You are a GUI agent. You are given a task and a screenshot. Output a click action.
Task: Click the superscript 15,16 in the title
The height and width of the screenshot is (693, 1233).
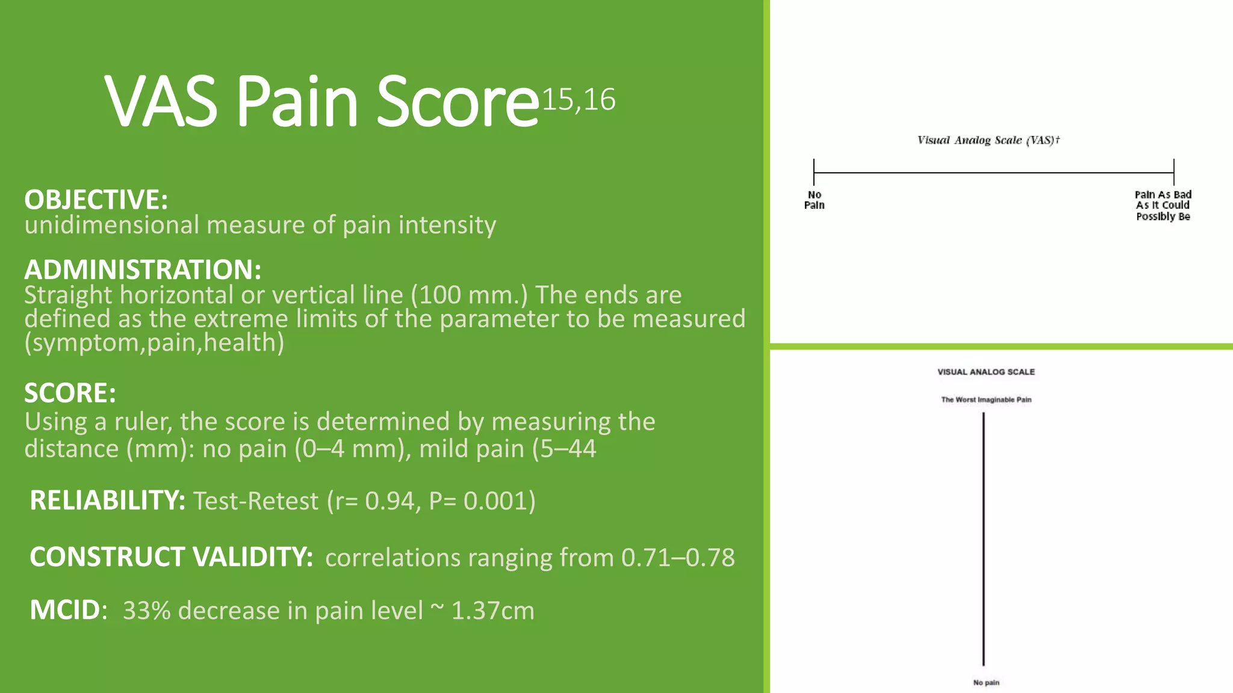579,100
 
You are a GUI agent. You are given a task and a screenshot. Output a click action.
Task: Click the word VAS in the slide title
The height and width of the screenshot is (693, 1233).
161,102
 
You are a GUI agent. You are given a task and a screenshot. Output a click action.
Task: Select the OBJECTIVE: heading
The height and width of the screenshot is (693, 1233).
96,200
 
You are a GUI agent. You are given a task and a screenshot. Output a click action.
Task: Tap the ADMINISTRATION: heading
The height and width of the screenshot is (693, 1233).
143,269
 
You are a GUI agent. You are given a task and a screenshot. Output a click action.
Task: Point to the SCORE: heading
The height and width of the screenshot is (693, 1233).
70,393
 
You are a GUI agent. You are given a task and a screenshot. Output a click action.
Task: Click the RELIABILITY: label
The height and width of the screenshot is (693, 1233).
107,500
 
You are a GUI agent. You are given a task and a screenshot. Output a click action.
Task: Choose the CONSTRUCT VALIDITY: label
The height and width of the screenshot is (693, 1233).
171,557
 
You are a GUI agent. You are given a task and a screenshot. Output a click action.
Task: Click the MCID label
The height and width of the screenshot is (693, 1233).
65,610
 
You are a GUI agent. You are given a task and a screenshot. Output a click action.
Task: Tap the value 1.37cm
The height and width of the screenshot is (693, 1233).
492,611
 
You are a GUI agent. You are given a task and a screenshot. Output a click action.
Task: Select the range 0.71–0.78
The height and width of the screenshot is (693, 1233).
678,558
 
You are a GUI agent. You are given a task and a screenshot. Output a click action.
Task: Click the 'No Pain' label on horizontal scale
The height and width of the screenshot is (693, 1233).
814,200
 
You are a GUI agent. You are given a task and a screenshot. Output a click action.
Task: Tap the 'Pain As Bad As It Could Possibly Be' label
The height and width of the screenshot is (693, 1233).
1163,205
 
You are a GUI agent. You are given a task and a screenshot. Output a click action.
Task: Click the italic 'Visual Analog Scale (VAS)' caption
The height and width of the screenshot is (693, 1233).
988,140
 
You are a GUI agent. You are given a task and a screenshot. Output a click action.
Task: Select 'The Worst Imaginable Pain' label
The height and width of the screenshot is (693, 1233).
986,399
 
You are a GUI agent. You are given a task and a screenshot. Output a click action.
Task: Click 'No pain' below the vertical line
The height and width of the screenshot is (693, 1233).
986,682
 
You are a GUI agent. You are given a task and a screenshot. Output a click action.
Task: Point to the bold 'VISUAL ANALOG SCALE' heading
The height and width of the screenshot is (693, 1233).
986,372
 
